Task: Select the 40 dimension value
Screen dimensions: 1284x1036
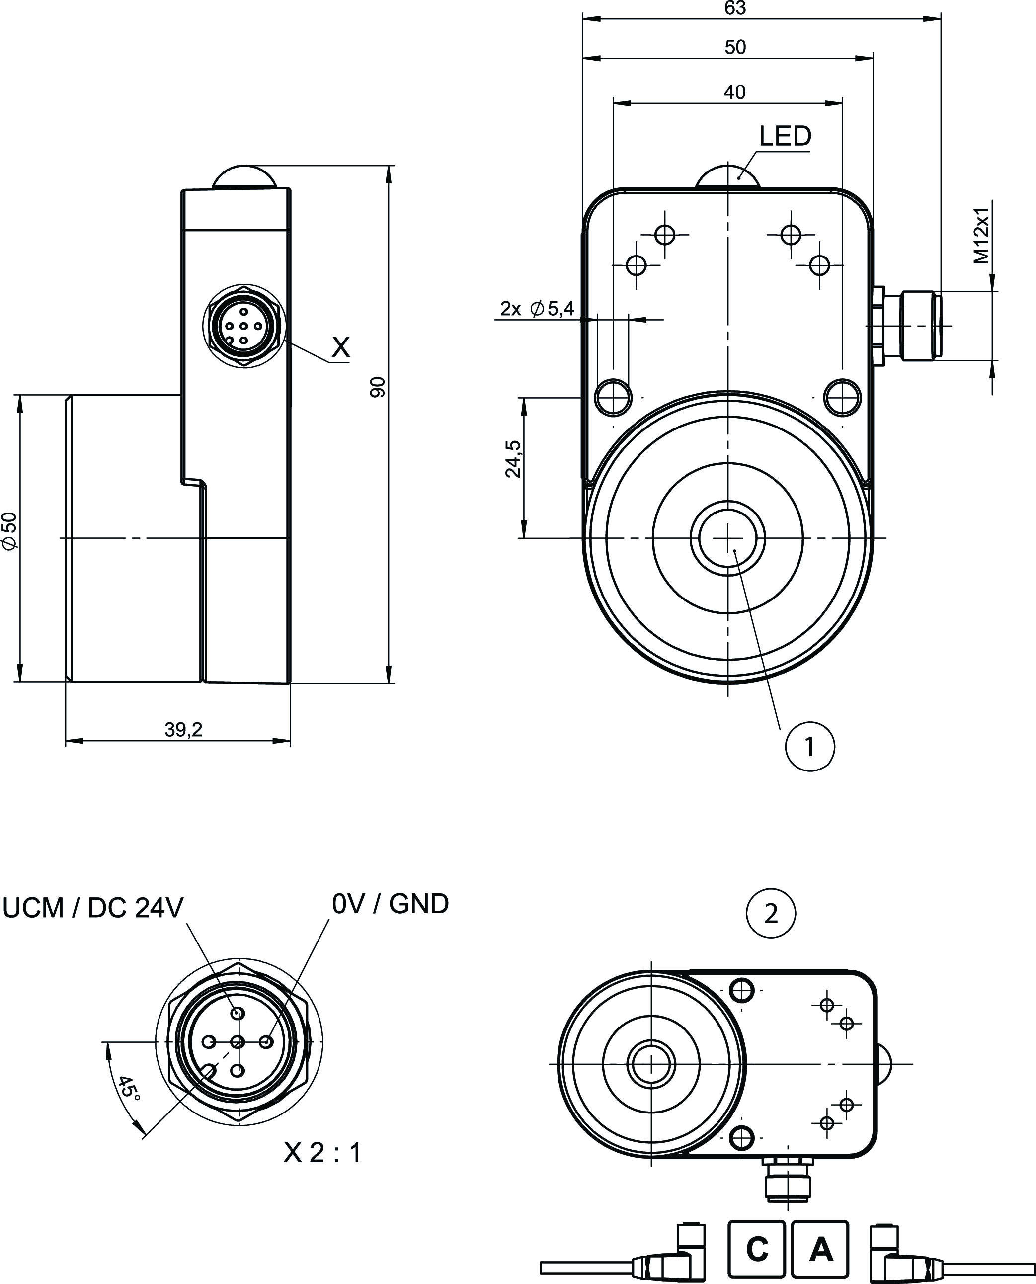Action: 734,92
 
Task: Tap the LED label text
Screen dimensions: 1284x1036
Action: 785,137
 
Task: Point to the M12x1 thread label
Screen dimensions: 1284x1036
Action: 982,236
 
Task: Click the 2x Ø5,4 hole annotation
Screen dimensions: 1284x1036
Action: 537,309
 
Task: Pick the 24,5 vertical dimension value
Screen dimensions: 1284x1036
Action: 513,458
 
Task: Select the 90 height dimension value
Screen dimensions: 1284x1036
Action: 378,387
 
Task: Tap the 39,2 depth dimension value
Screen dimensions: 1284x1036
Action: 183,729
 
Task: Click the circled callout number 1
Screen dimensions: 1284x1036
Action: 810,746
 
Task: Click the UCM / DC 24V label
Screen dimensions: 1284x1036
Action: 93,907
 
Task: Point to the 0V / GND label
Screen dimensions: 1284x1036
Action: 390,904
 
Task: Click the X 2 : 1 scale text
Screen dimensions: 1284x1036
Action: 322,1153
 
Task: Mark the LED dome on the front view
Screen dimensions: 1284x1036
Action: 727,177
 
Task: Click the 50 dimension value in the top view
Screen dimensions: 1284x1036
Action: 735,47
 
